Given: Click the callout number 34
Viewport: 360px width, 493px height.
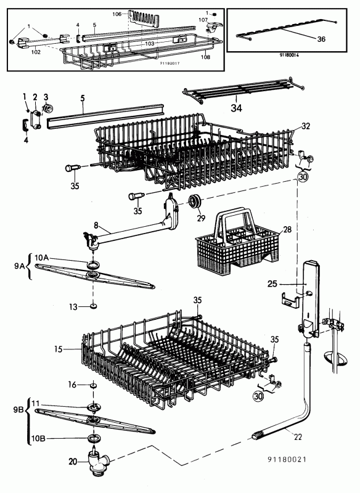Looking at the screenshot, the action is (237, 108).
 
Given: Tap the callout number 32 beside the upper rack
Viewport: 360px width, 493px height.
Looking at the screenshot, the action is (306, 126).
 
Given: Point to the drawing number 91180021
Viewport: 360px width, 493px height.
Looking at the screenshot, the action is (287, 459).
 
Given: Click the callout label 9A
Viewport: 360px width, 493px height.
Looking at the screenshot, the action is (20, 266).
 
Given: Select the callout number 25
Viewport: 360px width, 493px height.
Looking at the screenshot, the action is (272, 284).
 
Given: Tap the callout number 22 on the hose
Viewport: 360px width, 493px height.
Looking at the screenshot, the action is (298, 437).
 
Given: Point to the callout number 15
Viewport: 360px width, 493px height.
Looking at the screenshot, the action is (58, 349).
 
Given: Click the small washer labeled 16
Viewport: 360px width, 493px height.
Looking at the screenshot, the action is (93, 385).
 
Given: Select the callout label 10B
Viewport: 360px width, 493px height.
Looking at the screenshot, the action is (38, 438).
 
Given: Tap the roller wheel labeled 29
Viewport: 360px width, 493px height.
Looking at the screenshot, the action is (194, 202).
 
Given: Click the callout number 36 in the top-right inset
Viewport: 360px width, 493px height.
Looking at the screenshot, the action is (321, 39).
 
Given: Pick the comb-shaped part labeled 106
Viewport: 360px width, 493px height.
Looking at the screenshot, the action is (144, 19).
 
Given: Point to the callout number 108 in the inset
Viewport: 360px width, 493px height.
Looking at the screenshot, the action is (205, 57).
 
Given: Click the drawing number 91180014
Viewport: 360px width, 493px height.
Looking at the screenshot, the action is (289, 55).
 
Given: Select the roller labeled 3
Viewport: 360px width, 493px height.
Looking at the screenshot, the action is (47, 108).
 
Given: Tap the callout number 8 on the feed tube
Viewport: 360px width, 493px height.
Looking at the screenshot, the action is (96, 225).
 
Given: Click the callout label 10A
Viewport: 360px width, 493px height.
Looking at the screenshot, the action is (41, 258).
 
